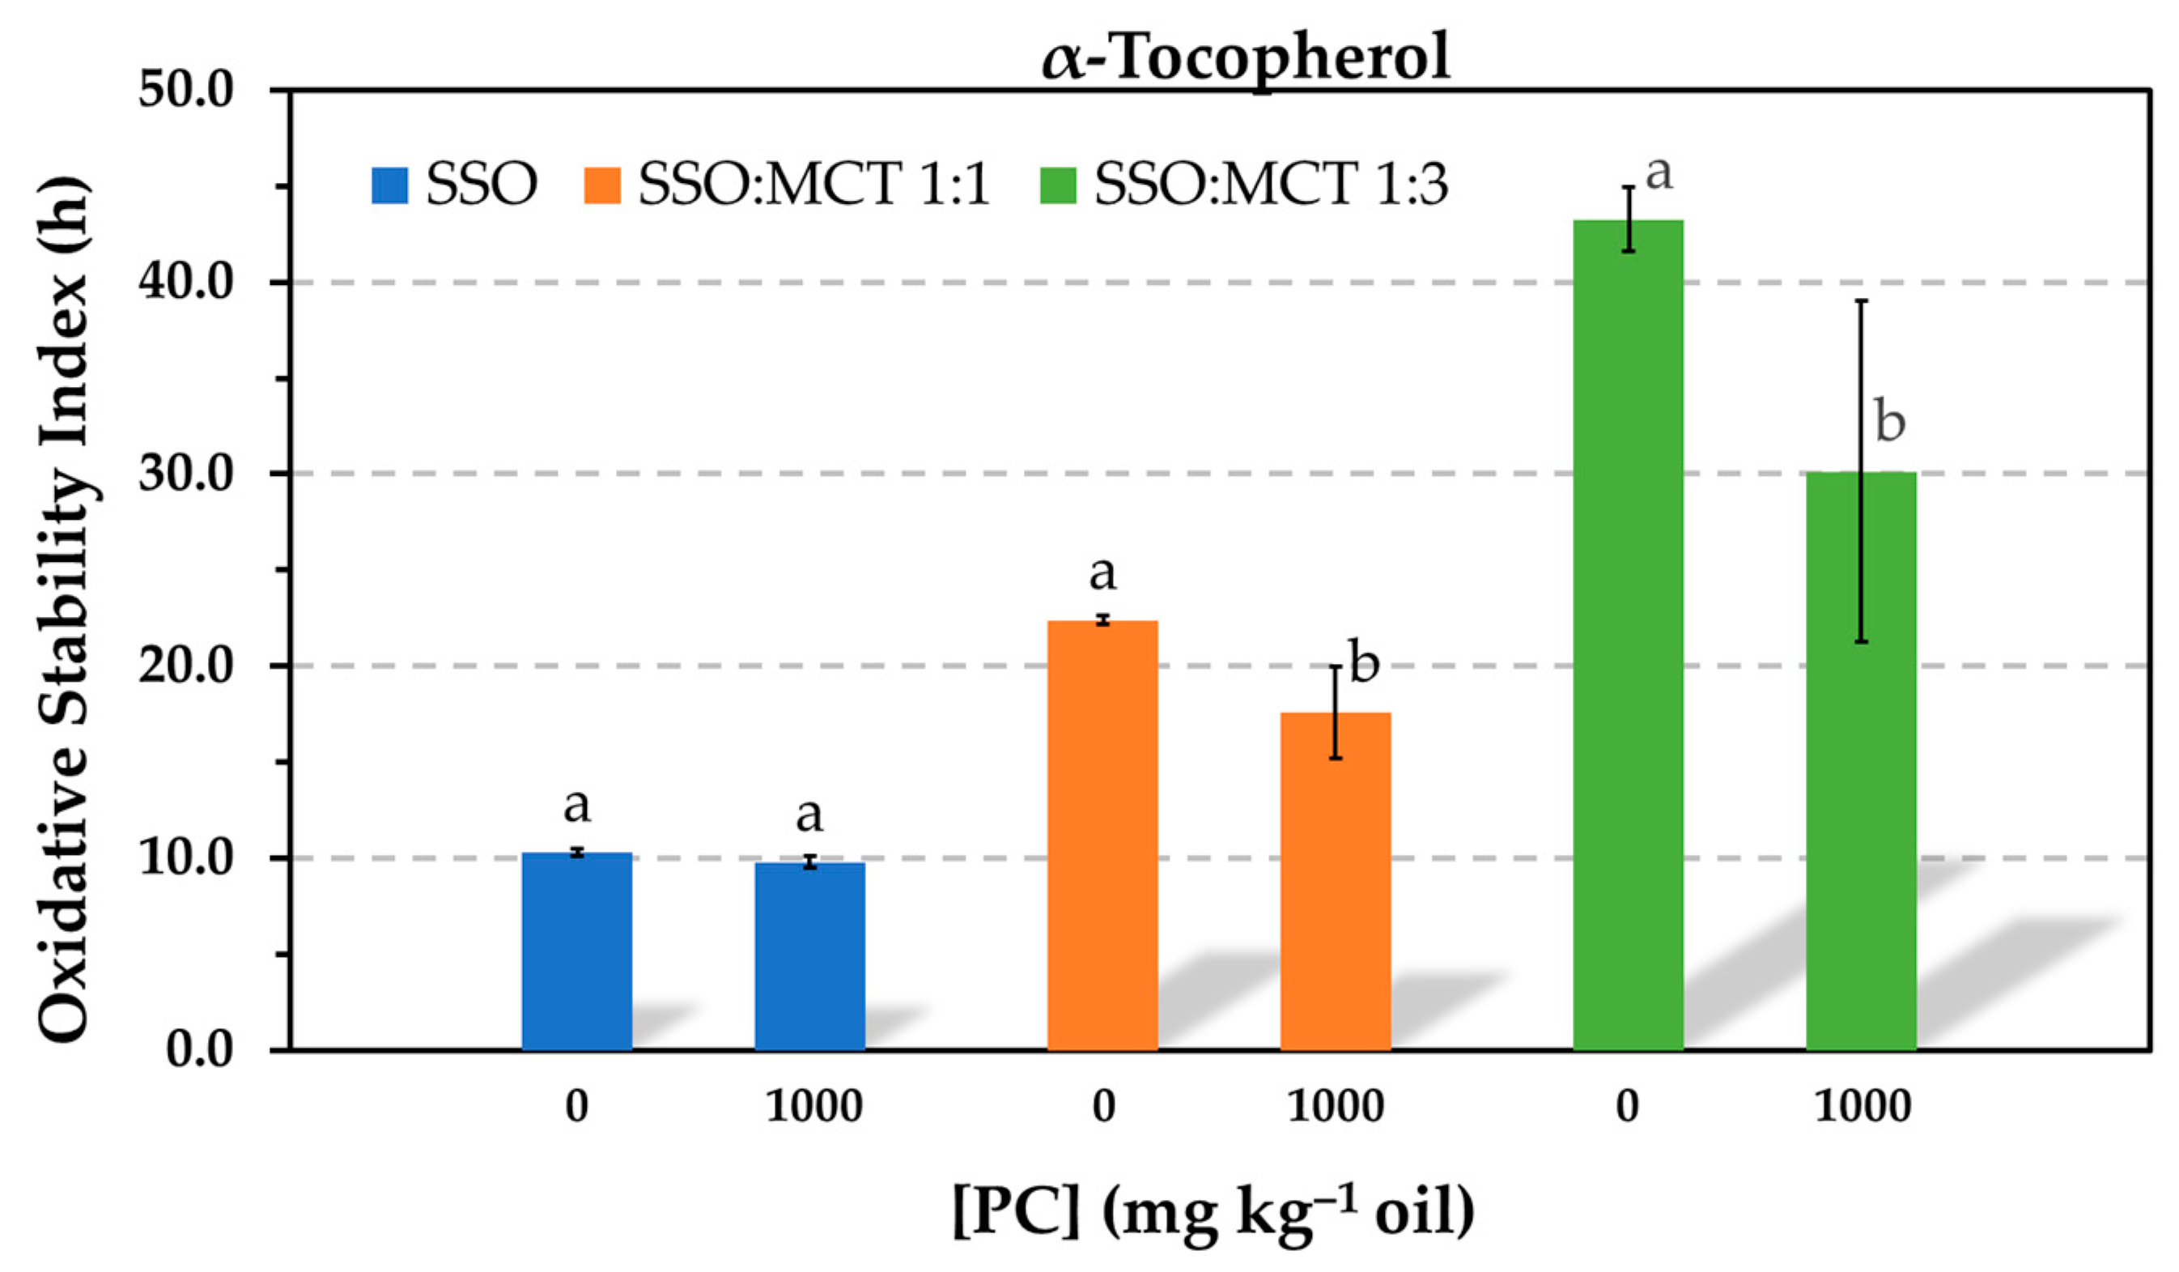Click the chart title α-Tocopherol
pos(1245,57)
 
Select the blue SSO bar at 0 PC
pos(577,951)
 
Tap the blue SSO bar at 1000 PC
pos(809,955)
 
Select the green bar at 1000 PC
pos(1861,761)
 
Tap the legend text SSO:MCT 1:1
pos(813,184)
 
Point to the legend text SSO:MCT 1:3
pos(1270,184)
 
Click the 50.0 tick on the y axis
pos(186,89)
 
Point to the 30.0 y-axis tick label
pos(186,474)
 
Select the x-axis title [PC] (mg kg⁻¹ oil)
pos(1213,1210)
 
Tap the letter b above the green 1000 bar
pos(1889,422)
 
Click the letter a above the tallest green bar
pos(1659,173)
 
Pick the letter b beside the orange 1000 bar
pos(1364,663)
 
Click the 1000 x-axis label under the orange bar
pos(1335,1107)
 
